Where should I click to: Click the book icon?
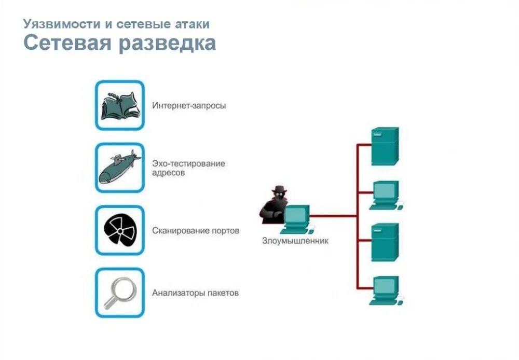[119, 105]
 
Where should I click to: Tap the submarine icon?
[119, 168]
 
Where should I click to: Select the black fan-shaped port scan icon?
[119, 230]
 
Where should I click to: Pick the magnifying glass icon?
[119, 293]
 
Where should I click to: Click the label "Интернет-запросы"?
[189, 106]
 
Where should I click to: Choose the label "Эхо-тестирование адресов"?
[188, 168]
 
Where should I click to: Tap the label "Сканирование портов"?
[196, 230]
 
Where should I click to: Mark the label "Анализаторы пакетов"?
[195, 293]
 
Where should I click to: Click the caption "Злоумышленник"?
[295, 241]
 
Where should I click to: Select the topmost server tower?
[385, 146]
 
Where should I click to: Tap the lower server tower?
[385, 242]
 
